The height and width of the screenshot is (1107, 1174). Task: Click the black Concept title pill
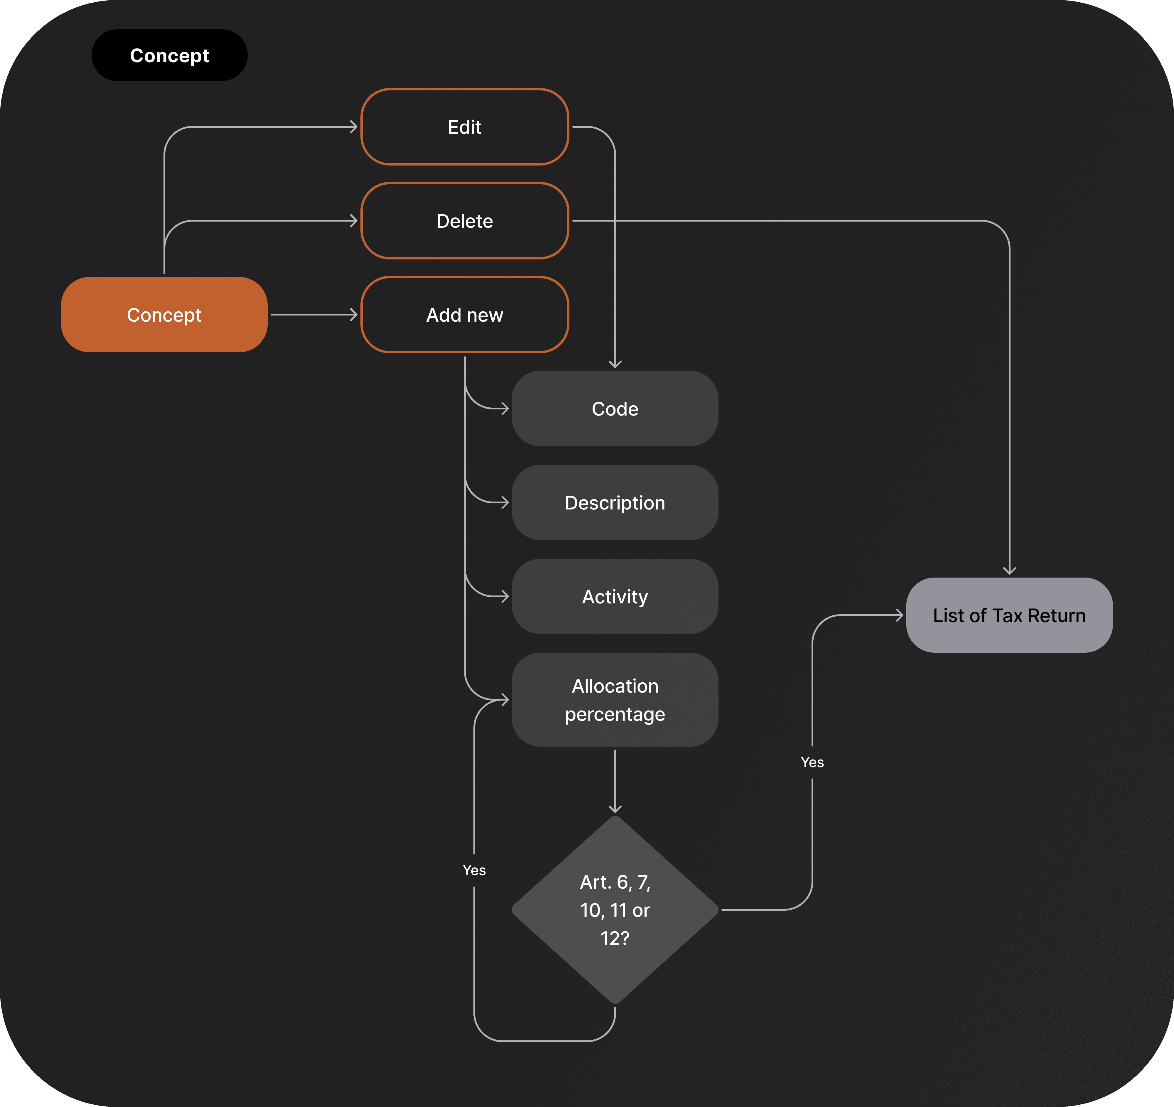point(169,55)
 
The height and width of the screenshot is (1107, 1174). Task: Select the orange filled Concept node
point(164,315)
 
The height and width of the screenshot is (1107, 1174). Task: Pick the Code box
point(615,409)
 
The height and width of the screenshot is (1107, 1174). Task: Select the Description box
point(615,502)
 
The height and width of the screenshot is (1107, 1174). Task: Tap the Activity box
point(615,596)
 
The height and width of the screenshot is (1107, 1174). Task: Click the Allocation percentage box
point(615,700)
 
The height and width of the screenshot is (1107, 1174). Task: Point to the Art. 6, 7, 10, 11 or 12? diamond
point(615,909)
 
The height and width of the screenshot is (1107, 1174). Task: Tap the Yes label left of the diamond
point(474,870)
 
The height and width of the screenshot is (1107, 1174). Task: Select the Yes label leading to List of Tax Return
point(812,762)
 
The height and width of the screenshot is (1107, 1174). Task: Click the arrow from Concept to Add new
point(313,315)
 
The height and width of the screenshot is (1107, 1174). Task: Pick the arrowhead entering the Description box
point(505,502)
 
